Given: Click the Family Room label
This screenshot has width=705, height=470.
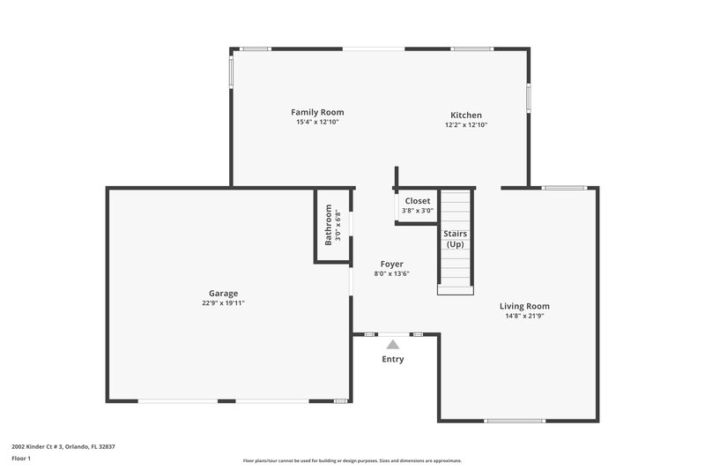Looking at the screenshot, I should click(x=317, y=112).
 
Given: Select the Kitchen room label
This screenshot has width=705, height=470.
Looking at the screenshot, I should click(x=466, y=116).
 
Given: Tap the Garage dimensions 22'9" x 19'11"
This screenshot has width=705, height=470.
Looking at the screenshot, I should click(x=223, y=303).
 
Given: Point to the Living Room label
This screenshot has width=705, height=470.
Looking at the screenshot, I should click(x=524, y=306).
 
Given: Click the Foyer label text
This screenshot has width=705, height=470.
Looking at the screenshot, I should click(x=391, y=264).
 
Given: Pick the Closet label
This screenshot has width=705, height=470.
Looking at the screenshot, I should click(x=418, y=201).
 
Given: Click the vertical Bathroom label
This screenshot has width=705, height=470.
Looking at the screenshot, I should click(x=329, y=225).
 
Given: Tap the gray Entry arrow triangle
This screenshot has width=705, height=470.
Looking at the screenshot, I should click(x=393, y=344).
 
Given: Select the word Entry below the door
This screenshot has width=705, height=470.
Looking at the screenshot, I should click(x=393, y=359).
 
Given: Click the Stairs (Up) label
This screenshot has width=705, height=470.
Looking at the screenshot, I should click(x=456, y=239).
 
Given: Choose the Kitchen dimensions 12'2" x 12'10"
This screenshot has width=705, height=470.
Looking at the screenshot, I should click(x=466, y=125).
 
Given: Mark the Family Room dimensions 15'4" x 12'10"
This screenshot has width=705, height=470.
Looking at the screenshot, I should click(x=317, y=122).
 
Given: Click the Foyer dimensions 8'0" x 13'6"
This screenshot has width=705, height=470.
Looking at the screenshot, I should click(x=392, y=273).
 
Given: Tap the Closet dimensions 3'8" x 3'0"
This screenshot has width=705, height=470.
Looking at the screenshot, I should click(x=418, y=211).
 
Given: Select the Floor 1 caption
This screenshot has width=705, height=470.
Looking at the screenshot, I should click(x=21, y=459).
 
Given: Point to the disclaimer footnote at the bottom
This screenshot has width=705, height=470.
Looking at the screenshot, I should click(x=352, y=460).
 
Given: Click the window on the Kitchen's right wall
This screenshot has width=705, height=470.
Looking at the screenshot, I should click(x=529, y=97).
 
